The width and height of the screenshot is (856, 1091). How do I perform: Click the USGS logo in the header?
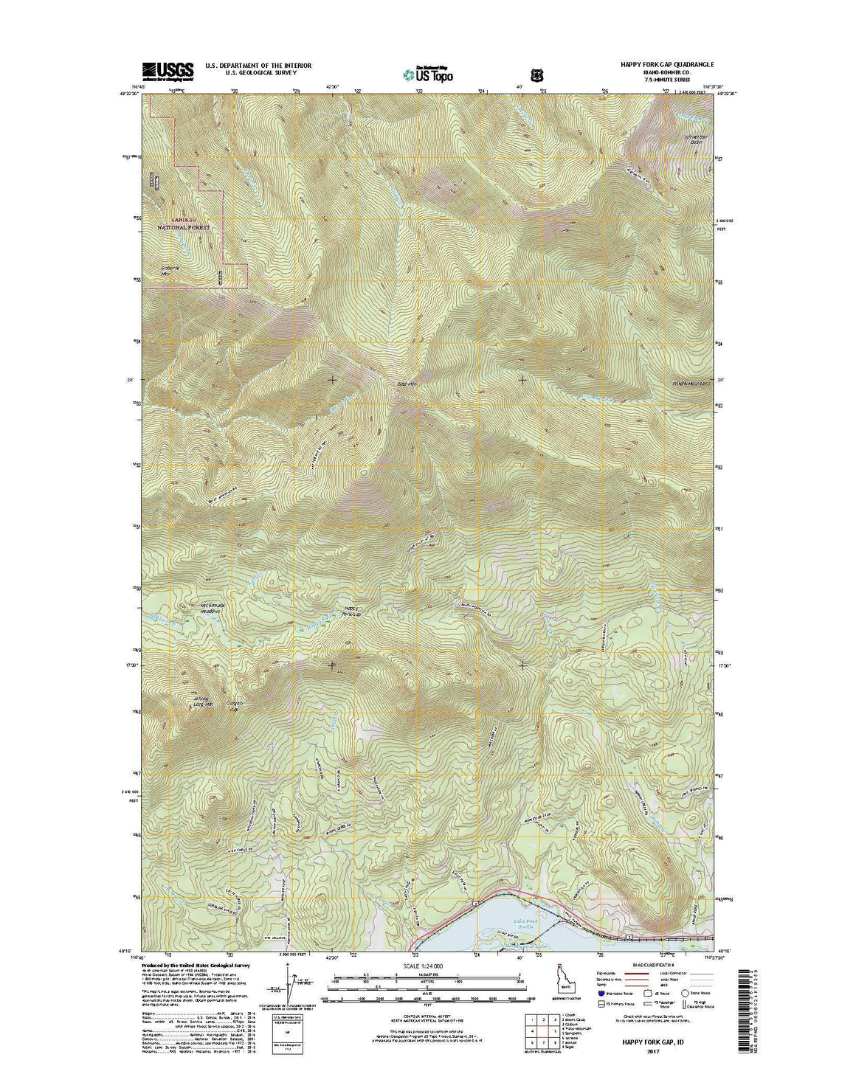[168, 70]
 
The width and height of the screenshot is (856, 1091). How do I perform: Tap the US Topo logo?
[428, 72]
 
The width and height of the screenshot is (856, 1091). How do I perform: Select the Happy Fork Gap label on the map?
[352, 612]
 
